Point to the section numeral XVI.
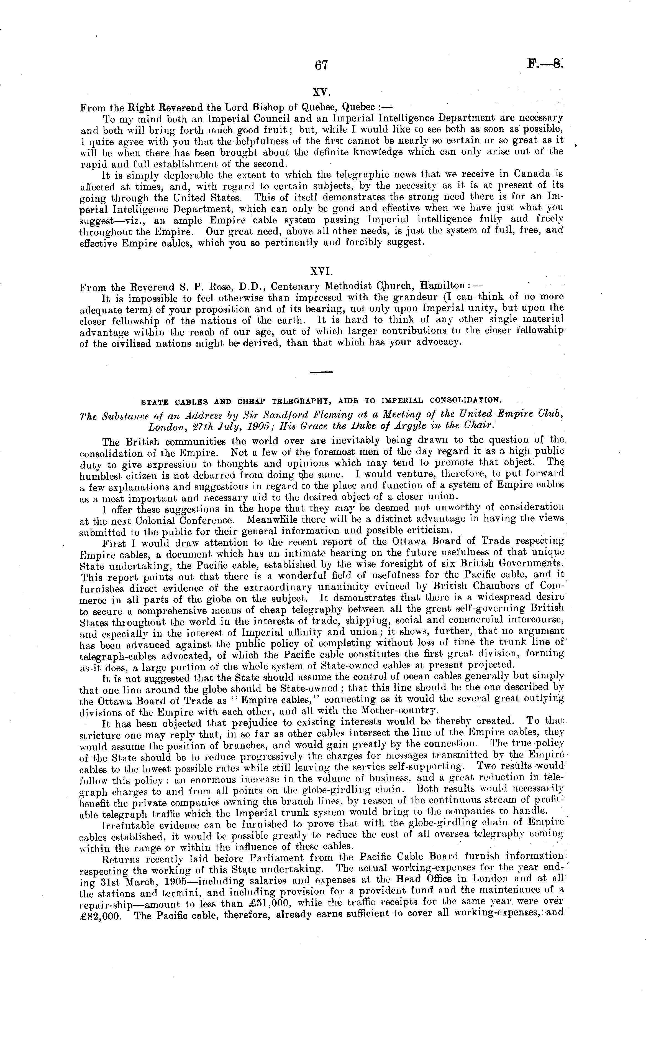tap(322, 273)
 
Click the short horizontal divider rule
tap(322, 372)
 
